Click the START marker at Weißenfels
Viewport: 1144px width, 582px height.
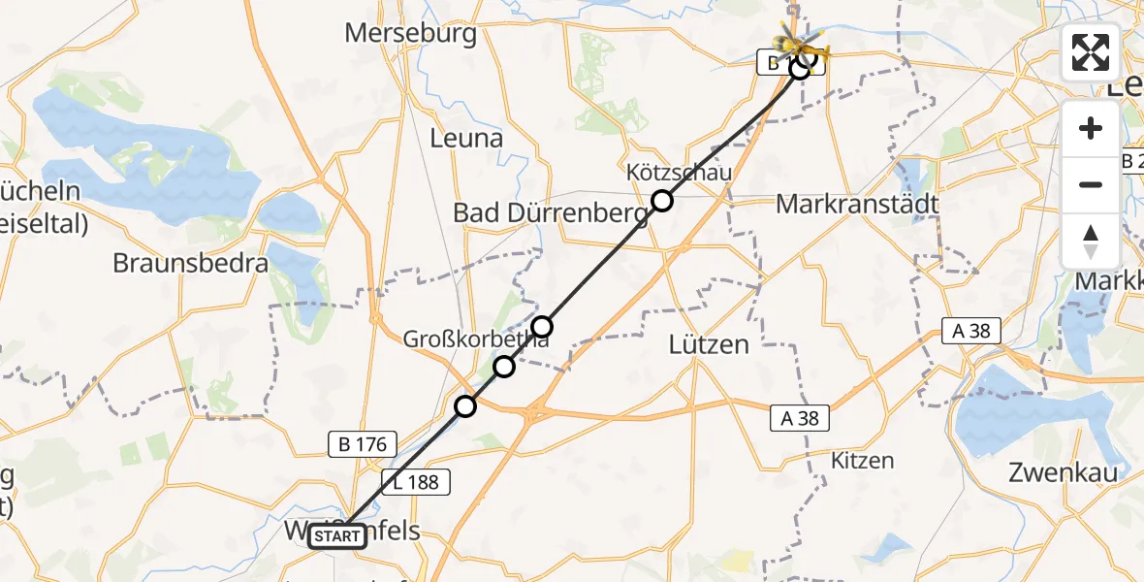click(337, 535)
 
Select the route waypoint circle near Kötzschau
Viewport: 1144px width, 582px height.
click(661, 201)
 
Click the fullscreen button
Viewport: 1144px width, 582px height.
click(1091, 52)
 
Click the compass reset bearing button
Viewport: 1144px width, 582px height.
click(1091, 241)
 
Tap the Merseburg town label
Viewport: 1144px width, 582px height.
click(411, 34)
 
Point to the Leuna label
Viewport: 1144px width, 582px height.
click(466, 138)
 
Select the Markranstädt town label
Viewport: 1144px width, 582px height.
click(844, 205)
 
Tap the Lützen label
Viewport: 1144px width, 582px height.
click(710, 343)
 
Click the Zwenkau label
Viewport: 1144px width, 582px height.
click(1063, 473)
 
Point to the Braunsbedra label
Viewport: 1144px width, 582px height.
click(190, 263)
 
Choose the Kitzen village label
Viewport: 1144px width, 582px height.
click(863, 461)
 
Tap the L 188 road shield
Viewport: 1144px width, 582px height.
click(417, 482)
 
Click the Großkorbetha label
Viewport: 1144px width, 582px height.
click(477, 339)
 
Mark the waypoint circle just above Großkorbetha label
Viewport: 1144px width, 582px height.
click(542, 326)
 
